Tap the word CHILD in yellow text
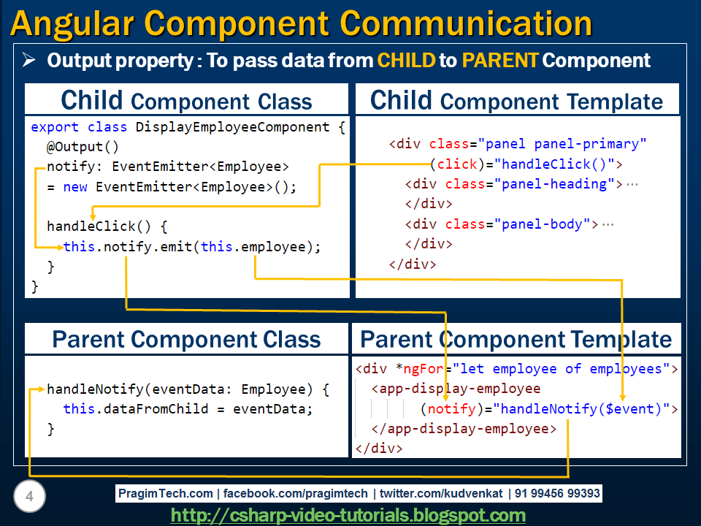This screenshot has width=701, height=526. pyautogui.click(x=406, y=60)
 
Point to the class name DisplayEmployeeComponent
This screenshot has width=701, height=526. pyautogui.click(x=241, y=127)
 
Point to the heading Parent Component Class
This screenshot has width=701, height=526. pyautogui.click(x=186, y=340)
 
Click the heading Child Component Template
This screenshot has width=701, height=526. pyautogui.click(x=517, y=101)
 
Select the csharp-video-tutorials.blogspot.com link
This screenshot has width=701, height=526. pyautogui.click(x=348, y=515)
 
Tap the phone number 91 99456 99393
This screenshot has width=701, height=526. pyautogui.click(x=557, y=494)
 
